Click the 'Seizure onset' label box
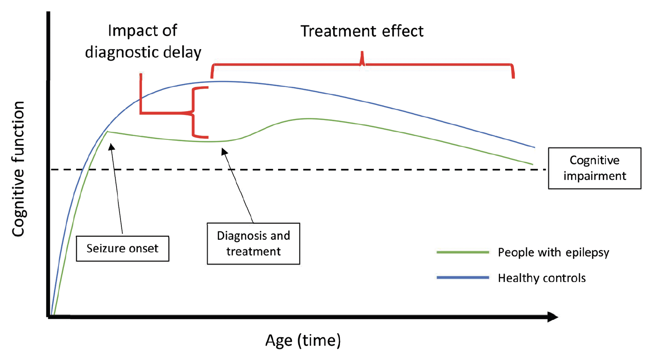pyautogui.click(x=122, y=248)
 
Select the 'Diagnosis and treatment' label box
pyautogui.click(x=253, y=244)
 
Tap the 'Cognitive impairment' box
pyautogui.click(x=594, y=168)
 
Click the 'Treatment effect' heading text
pyautogui.click(x=362, y=31)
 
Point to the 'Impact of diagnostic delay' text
pyautogui.click(x=143, y=41)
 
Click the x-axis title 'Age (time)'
pyautogui.click(x=303, y=340)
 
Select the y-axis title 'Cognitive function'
pyautogui.click(x=19, y=169)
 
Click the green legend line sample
pyautogui.click(x=463, y=252)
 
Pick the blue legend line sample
pyautogui.click(x=463, y=278)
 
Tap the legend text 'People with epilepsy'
pyautogui.click(x=553, y=252)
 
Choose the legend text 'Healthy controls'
pyautogui.click(x=541, y=278)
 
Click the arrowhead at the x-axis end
pyautogui.click(x=553, y=317)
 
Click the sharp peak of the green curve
pyautogui.click(x=108, y=131)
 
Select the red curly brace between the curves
pyautogui.click(x=195, y=113)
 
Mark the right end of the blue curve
pyautogui.click(x=534, y=147)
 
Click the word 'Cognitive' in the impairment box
pyautogui.click(x=594, y=160)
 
